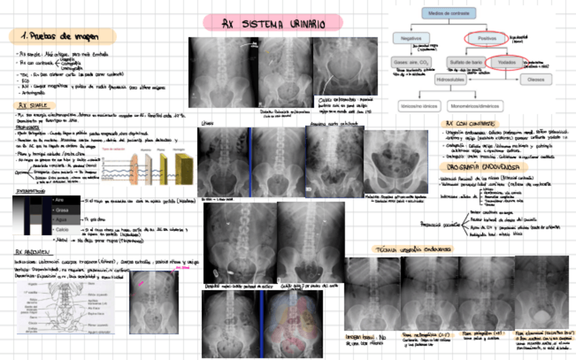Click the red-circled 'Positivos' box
click(x=487, y=39)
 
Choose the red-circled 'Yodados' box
click(x=506, y=62)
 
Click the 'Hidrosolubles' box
click(x=454, y=79)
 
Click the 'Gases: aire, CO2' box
click(x=412, y=62)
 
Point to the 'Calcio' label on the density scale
click(x=62, y=230)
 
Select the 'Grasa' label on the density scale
click(x=62, y=211)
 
